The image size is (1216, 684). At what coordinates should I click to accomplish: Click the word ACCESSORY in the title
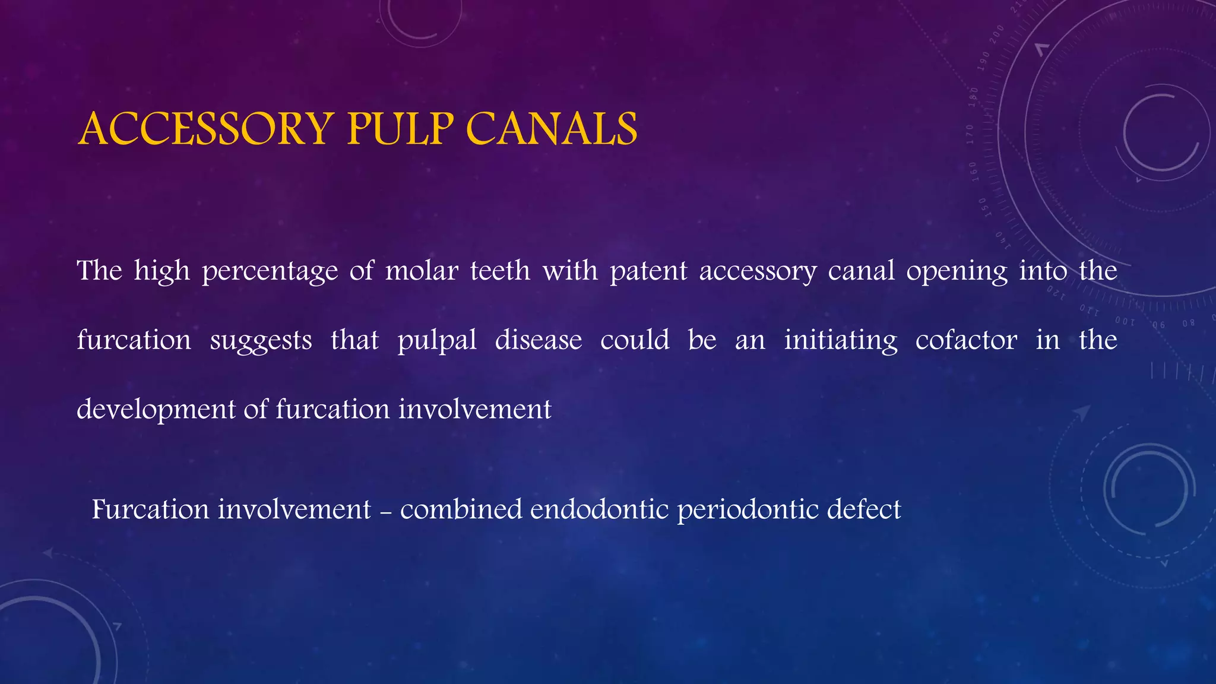[205, 129]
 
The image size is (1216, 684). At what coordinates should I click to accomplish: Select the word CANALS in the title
[552, 129]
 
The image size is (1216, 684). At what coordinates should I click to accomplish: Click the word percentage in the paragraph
[270, 272]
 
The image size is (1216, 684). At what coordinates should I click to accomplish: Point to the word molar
[422, 271]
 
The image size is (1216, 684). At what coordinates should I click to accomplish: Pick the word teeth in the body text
[500, 271]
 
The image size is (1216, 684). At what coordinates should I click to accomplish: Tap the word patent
[648, 272]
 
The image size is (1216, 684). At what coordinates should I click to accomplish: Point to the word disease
[539, 340]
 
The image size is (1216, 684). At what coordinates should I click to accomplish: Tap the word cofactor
[966, 340]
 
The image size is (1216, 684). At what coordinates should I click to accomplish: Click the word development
[156, 410]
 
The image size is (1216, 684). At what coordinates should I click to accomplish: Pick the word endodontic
[600, 510]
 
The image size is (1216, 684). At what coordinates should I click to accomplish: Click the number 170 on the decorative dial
[970, 134]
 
